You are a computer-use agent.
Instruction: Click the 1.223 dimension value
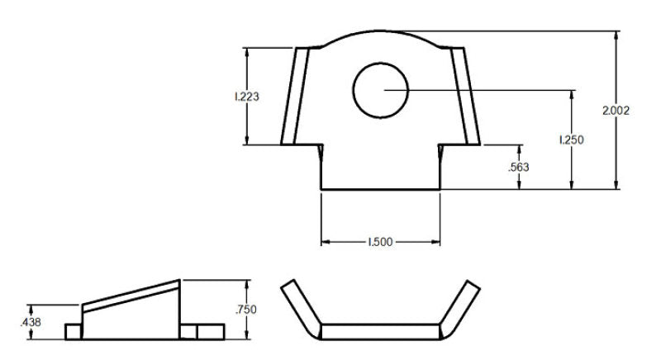coord(247,97)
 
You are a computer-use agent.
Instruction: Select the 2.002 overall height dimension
coord(616,111)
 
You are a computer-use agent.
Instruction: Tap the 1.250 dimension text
coord(571,140)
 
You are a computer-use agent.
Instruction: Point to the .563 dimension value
coord(518,167)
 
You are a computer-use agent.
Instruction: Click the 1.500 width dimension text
coord(380,243)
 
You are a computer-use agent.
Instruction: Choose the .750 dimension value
coord(245,310)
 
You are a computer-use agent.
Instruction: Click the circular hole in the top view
coord(381,89)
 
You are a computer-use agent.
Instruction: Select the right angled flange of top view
coord(465,95)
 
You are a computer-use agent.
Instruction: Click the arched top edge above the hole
coord(381,32)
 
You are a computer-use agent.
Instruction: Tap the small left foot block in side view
coord(74,331)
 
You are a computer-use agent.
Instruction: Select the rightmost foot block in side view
coord(212,331)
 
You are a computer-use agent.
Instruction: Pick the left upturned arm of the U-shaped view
coord(298,305)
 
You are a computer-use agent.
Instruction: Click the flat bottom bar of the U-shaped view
coord(380,331)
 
